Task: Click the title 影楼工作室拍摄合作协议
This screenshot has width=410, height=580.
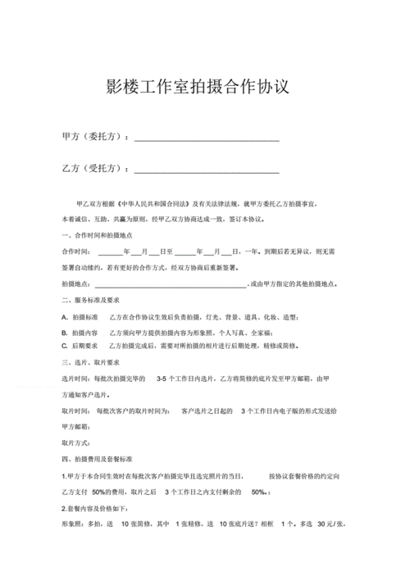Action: click(198, 87)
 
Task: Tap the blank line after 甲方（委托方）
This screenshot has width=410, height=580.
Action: click(207, 140)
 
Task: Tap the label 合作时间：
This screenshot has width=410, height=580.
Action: click(77, 251)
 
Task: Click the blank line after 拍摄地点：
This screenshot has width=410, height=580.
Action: click(170, 284)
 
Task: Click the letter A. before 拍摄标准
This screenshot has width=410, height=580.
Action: click(65, 317)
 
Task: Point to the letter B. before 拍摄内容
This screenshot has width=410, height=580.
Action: click(65, 333)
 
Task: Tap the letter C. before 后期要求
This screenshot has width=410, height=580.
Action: click(65, 347)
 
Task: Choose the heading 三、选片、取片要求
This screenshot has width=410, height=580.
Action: click(92, 362)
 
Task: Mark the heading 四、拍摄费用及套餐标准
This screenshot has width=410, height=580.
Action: click(100, 459)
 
